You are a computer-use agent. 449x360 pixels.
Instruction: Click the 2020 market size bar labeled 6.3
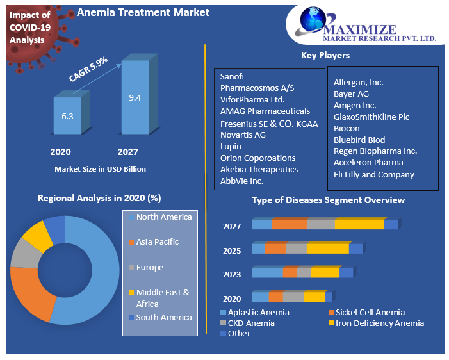(67, 116)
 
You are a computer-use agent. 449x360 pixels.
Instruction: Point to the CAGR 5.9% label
(88, 69)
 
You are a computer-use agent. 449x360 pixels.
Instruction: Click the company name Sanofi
(233, 76)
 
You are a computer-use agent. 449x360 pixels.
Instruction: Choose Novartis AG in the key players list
(243, 135)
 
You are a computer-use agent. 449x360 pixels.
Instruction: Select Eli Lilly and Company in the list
(374, 174)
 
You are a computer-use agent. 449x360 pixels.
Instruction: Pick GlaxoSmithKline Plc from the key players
(371, 117)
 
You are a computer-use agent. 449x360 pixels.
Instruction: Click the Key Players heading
(325, 56)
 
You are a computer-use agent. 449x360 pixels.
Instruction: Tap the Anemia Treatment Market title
(143, 12)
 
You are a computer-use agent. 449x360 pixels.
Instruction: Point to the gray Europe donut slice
(24, 253)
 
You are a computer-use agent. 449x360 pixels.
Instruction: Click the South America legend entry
(163, 318)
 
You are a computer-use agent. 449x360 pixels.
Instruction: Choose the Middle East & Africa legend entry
(162, 297)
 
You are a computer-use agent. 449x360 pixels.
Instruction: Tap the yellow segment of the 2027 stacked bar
(359, 224)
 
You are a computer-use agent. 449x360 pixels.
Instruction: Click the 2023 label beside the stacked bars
(232, 275)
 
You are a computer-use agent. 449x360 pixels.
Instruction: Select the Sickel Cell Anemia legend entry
(370, 313)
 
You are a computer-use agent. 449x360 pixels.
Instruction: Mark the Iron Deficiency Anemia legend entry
(380, 323)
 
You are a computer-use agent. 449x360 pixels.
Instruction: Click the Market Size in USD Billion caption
(100, 169)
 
